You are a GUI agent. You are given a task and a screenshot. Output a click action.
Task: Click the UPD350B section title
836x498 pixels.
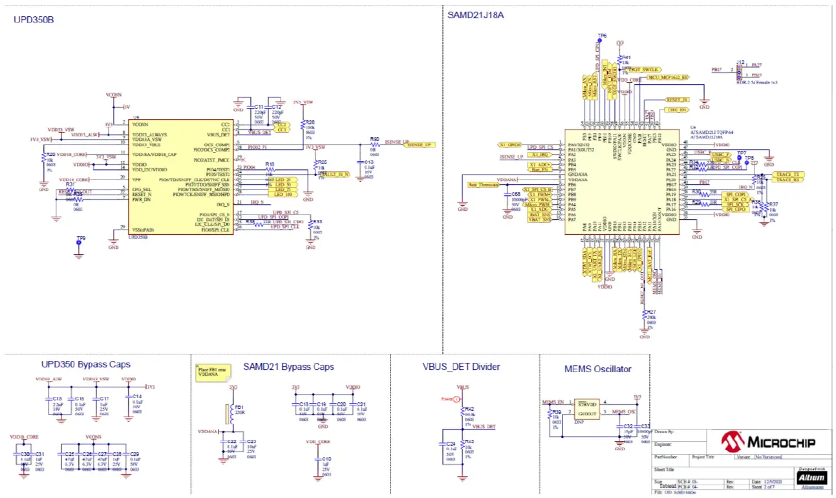[x=34, y=19]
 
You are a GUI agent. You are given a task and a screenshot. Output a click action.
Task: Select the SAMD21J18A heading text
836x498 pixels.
[x=475, y=14]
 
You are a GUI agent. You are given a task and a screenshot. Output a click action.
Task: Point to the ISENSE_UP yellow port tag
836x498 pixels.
[x=420, y=145]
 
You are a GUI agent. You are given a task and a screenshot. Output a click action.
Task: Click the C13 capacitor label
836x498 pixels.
[x=369, y=163]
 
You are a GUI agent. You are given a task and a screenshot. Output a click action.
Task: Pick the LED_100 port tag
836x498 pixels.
[x=282, y=194]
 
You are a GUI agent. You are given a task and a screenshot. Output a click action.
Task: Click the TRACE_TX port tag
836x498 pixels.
[x=788, y=175]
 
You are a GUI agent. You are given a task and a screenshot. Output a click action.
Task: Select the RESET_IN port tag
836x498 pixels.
[x=676, y=100]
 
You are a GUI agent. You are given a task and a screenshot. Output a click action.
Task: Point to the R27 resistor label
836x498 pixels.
[x=651, y=312]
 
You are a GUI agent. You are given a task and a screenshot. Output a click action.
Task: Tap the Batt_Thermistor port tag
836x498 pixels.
[x=482, y=185]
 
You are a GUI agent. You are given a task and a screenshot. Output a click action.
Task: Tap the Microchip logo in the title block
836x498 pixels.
[x=768, y=442]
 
